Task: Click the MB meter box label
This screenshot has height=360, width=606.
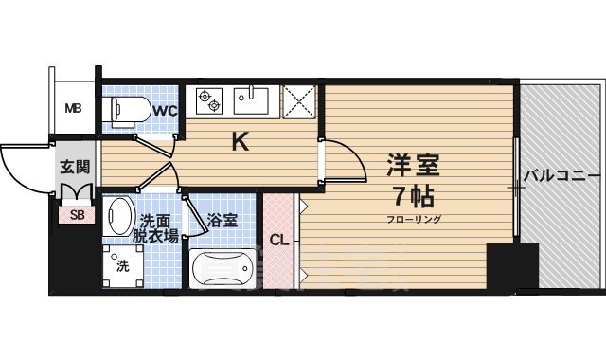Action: pyautogui.click(x=73, y=108)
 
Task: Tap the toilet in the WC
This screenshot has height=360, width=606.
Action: pyautogui.click(x=127, y=112)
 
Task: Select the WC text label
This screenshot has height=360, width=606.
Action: pyautogui.click(x=166, y=111)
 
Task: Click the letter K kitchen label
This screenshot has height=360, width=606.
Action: pyautogui.click(x=241, y=142)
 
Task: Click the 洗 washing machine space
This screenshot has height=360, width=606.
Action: pyautogui.click(x=122, y=267)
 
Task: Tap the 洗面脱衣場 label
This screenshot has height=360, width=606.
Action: pyautogui.click(x=155, y=227)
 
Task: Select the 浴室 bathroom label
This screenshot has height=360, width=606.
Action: pyautogui.click(x=223, y=220)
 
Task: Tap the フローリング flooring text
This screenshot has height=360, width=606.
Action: pyautogui.click(x=412, y=220)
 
